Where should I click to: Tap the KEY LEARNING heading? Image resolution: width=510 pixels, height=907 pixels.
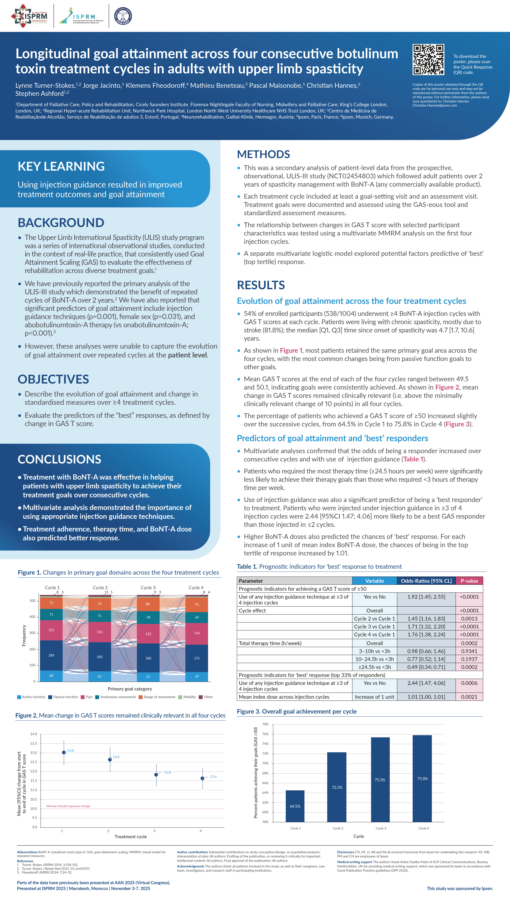pos(61,166)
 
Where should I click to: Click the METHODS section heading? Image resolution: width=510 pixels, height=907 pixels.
pos(263,154)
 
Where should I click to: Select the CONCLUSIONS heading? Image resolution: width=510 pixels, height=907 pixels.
pos(59,459)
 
